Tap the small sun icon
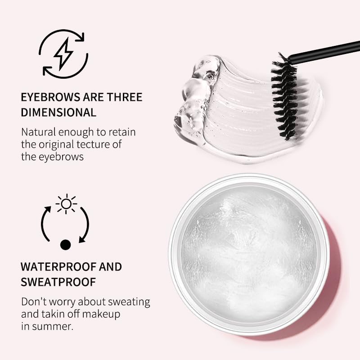pyautogui.click(x=66, y=204)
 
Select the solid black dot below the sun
pyautogui.click(x=66, y=244)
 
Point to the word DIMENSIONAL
pyautogui.click(x=58, y=112)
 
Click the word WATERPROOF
pyautogui.click(x=58, y=266)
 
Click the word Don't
pyautogui.click(x=33, y=301)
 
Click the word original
pyautogui.click(x=58, y=144)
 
